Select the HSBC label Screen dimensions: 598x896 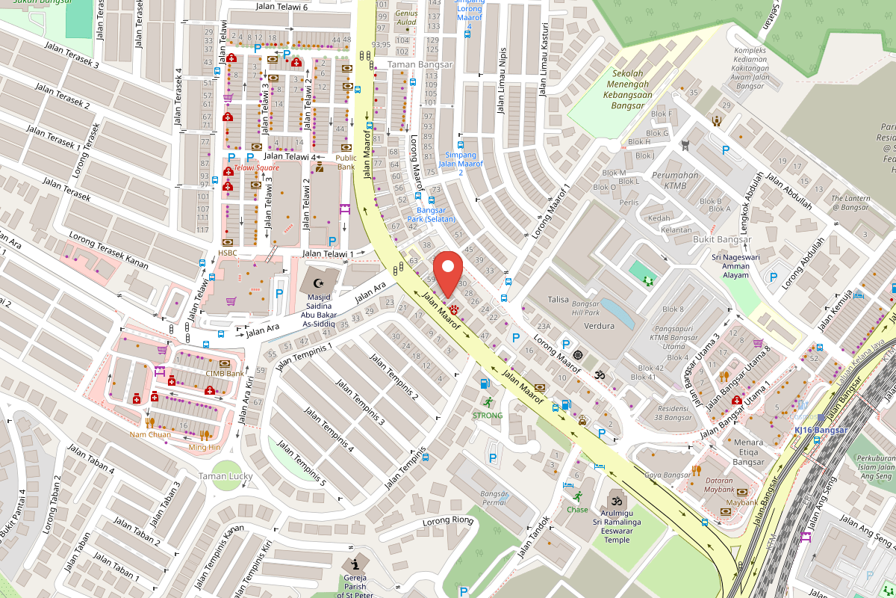pos(228,253)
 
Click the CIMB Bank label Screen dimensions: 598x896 pos(225,374)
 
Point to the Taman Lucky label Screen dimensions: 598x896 pos(225,476)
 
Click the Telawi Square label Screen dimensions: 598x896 pos(256,168)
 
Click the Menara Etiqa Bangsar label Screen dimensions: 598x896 pos(748,451)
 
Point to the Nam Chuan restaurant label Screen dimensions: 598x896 pos(150,434)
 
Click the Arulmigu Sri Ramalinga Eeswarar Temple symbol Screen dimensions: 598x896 pos(616,500)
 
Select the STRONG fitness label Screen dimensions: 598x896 pos(487,415)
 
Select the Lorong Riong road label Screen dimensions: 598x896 pos(448,521)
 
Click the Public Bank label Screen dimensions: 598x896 pos(346,162)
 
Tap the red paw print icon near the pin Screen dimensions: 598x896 pos(455,309)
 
